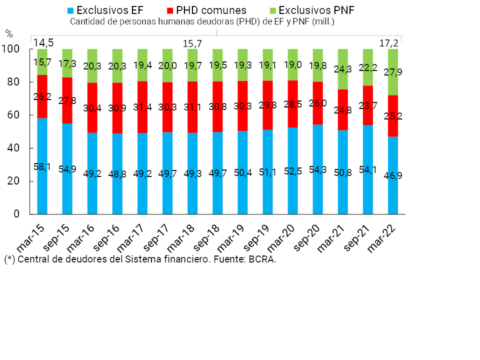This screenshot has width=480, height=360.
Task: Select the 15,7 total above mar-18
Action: (x=192, y=43)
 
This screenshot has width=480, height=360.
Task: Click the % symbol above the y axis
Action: (x=9, y=34)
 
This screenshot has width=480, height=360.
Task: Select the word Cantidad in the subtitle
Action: (x=86, y=21)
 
